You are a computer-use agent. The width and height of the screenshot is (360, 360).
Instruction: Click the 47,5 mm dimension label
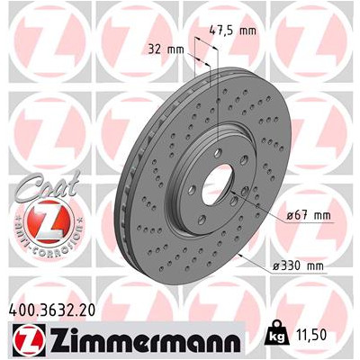click(232, 31)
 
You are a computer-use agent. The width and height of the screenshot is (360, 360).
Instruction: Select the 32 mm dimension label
click(166, 49)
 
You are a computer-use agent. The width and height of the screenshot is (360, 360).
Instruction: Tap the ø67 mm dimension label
click(309, 215)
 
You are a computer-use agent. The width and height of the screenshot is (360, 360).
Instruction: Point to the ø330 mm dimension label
click(298, 265)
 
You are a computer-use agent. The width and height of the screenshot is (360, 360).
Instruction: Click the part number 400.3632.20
click(52, 310)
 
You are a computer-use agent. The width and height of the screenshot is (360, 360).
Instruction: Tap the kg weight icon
click(278, 335)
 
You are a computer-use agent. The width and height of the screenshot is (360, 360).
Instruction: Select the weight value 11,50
click(311, 335)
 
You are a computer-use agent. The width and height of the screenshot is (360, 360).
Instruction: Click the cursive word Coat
click(47, 186)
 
